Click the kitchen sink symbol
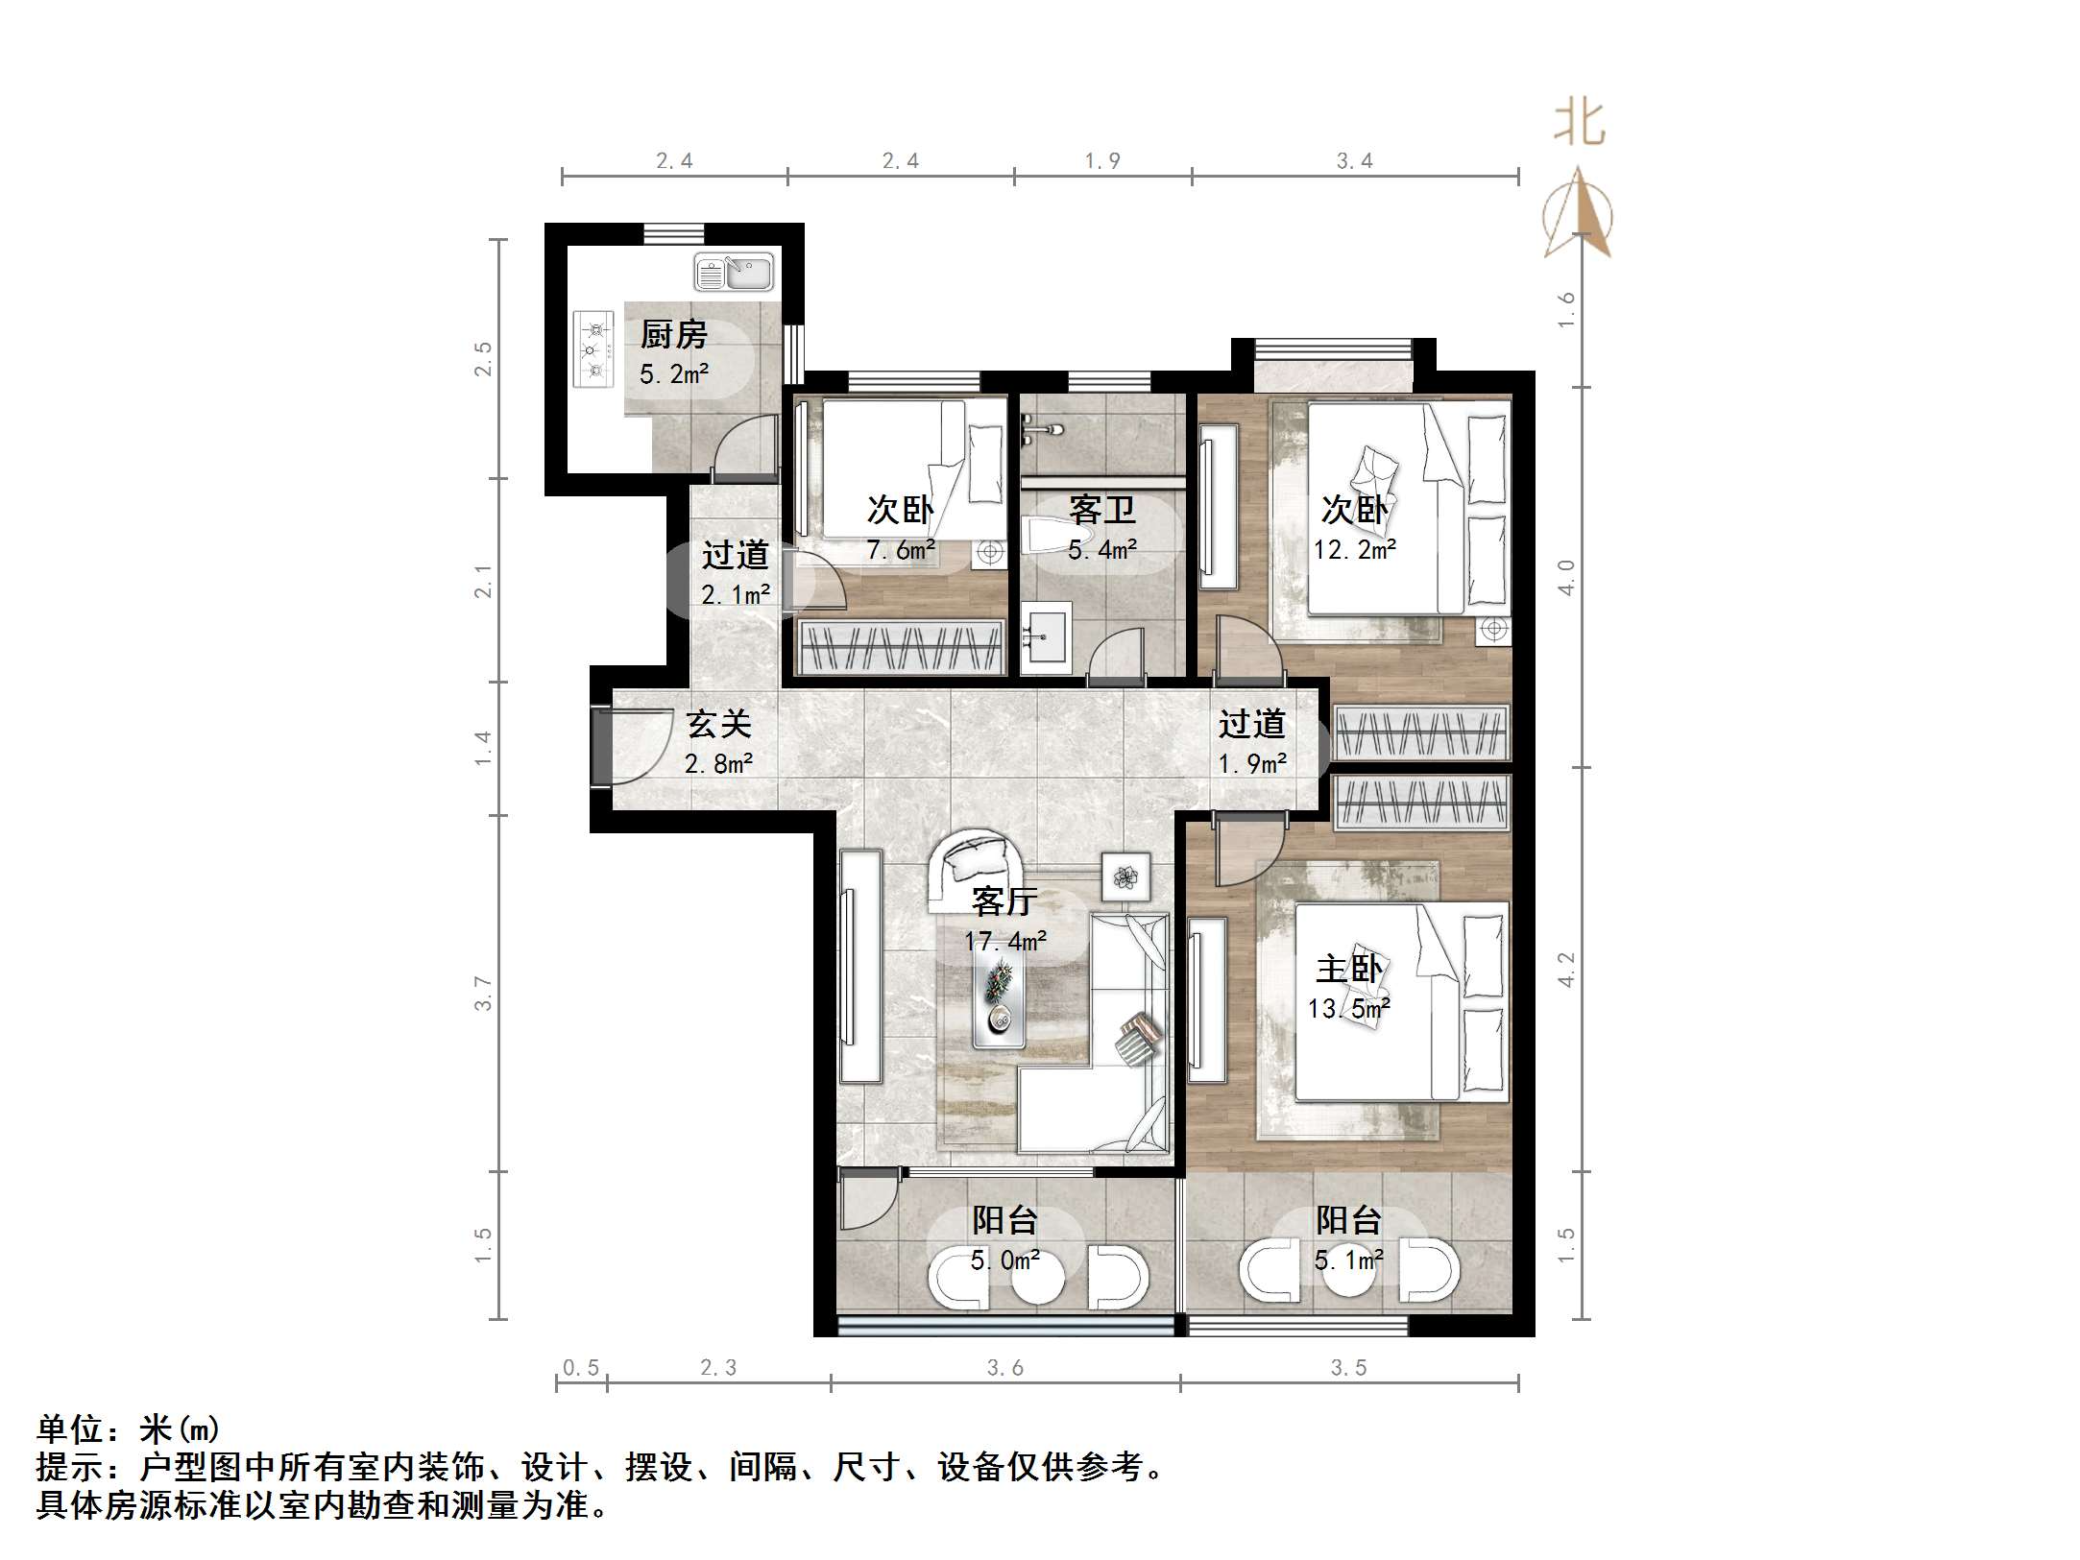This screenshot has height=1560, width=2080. [x=734, y=273]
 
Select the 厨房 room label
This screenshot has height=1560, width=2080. [x=673, y=335]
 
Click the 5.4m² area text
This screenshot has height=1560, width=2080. [x=1102, y=550]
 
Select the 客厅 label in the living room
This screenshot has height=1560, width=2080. [x=1004, y=901]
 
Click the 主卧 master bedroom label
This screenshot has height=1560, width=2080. [x=1348, y=970]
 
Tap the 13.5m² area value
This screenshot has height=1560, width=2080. [x=1348, y=1009]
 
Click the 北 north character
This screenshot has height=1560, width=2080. [x=1579, y=124]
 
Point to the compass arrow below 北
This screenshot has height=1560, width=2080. [x=1578, y=216]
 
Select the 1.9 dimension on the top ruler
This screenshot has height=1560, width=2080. [x=1102, y=161]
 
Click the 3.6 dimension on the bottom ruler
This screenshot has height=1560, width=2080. [x=1004, y=1368]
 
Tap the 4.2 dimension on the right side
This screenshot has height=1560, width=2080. [x=1565, y=970]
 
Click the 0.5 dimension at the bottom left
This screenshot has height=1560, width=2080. [x=581, y=1368]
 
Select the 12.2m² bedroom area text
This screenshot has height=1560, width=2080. [x=1354, y=550]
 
